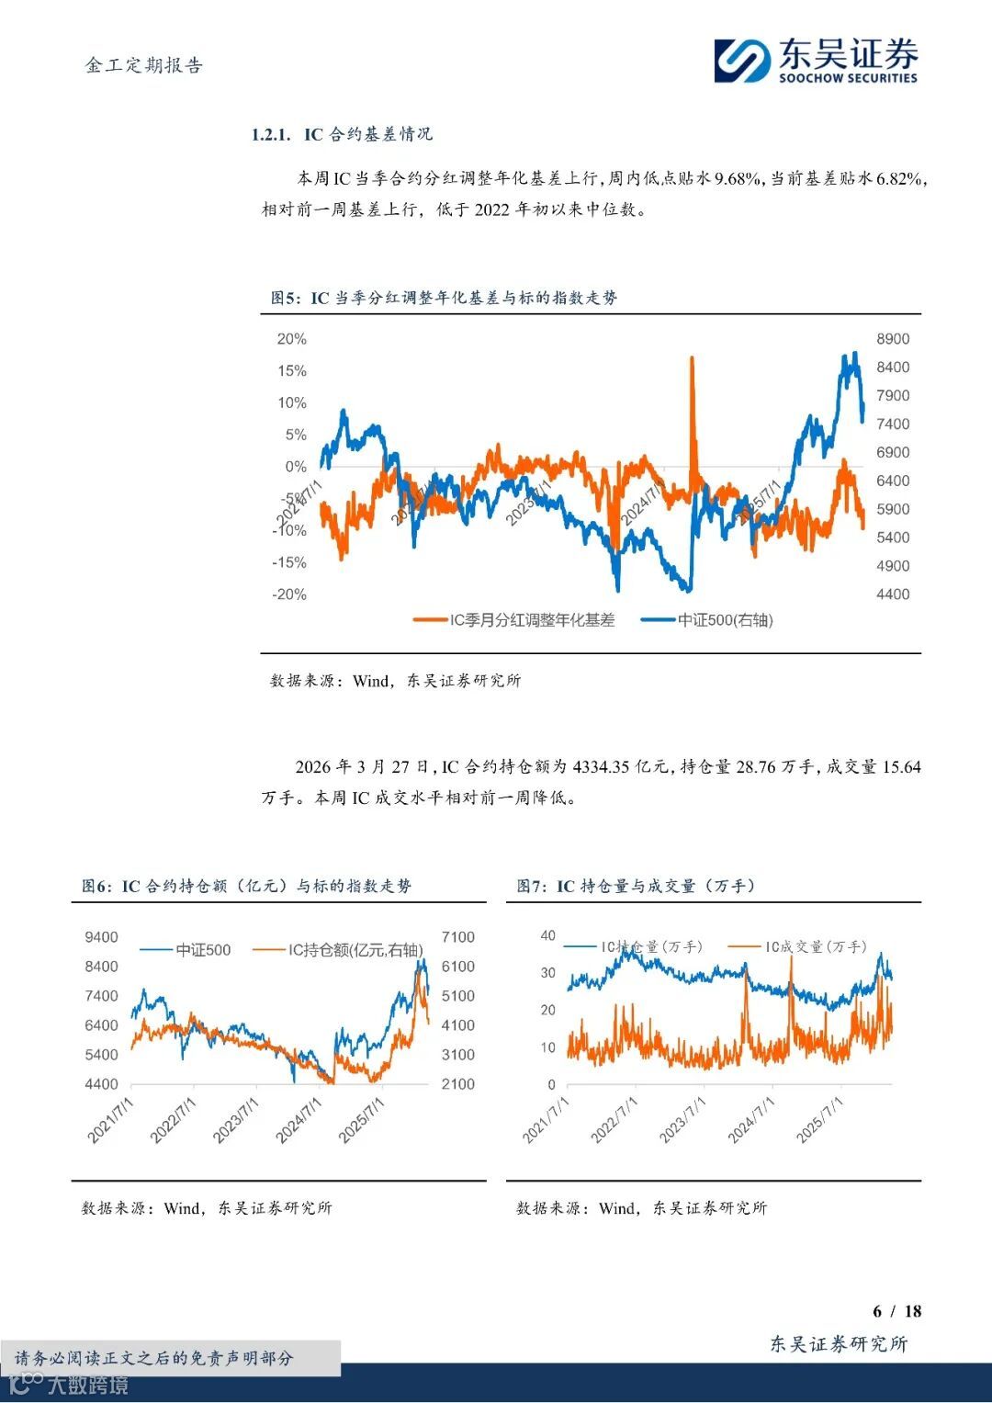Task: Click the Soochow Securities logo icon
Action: tap(742, 61)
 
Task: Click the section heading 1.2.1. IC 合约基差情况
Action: tap(342, 134)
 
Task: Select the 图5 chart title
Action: tap(444, 298)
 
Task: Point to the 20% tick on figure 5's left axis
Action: tap(291, 339)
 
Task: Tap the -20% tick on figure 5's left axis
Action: tap(289, 594)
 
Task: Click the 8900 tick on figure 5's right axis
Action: tap(893, 339)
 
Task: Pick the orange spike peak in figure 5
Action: tap(692, 358)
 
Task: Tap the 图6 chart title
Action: tap(247, 886)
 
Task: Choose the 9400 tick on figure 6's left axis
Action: tap(102, 937)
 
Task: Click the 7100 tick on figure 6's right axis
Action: tap(457, 937)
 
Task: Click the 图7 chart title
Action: tap(636, 886)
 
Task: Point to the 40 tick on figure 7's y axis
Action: tap(547, 935)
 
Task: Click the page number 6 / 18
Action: tap(896, 1311)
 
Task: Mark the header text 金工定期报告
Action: tap(144, 65)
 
